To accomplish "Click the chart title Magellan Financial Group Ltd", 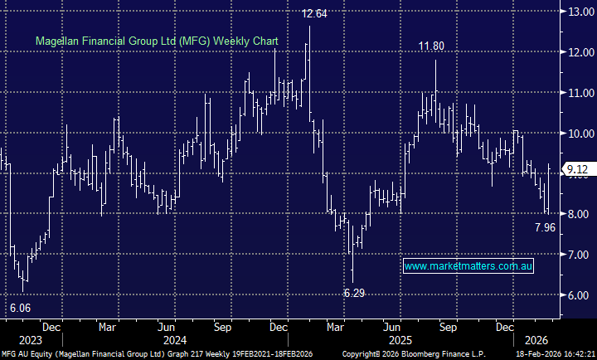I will pos(156,41).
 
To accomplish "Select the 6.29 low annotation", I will pos(355,293).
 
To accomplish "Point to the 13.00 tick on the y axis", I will pos(577,12).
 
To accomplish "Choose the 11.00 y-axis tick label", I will pos(577,93).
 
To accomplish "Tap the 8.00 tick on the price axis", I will pos(577,214).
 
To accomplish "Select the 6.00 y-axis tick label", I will pos(577,295).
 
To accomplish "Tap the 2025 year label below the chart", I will pos(400,339).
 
